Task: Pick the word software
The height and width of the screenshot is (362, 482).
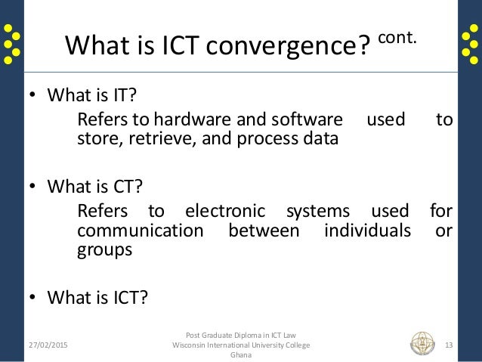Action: pos(307,121)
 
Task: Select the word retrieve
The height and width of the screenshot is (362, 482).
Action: pos(159,139)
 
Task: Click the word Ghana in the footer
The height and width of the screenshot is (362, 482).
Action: pos(240,356)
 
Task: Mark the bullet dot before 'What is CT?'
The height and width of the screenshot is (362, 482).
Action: pos(32,186)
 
